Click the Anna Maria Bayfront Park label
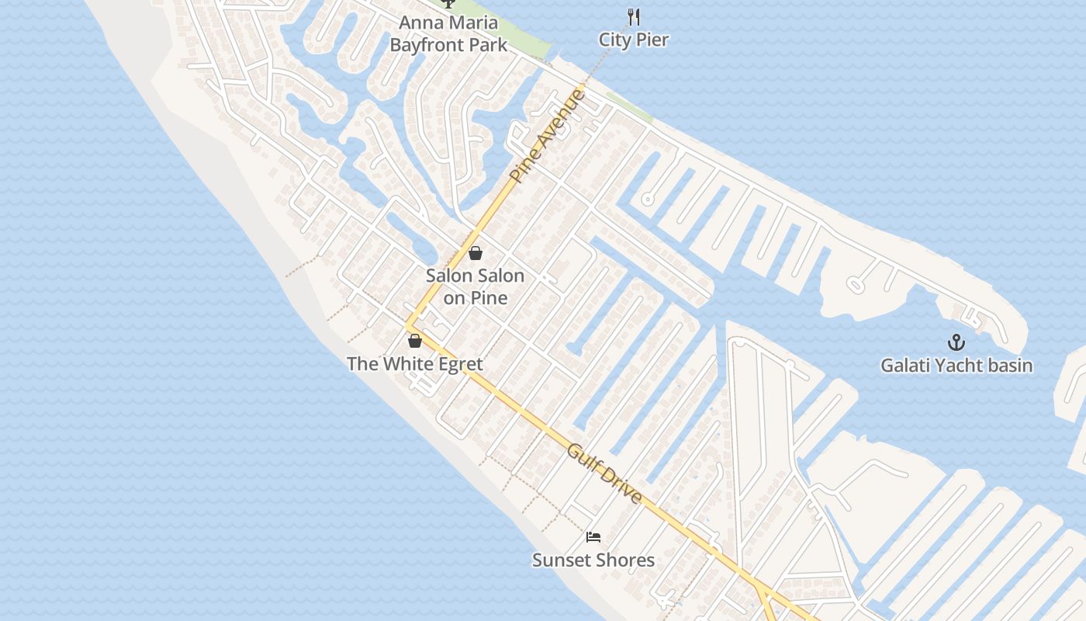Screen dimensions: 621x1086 coord(448,34)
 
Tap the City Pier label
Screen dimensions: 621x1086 coord(633,40)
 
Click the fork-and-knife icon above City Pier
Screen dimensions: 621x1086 coord(634,16)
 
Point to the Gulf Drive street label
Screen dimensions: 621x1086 coord(605,473)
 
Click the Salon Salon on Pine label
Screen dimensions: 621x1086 coord(475,286)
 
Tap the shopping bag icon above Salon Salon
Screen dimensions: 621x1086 coord(476,253)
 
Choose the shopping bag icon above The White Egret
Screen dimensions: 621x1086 coord(415,340)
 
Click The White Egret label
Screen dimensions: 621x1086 coord(414,363)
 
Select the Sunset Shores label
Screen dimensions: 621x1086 coord(593,560)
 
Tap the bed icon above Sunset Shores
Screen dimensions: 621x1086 coord(593,536)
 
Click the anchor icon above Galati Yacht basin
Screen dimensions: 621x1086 coord(956,342)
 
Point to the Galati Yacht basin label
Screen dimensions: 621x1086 coord(956,365)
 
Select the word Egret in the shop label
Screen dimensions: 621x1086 coord(458,363)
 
